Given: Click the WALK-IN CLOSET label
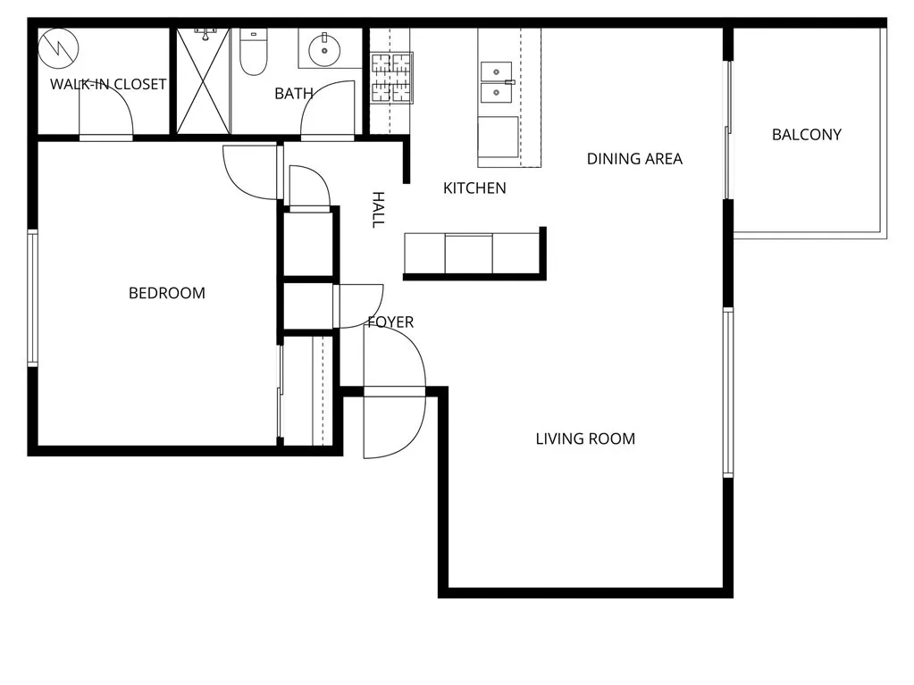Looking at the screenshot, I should point(107,85).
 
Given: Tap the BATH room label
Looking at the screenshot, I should point(293,93).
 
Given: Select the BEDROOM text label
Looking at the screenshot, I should point(167,293).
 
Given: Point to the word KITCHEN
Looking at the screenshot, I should point(474,188).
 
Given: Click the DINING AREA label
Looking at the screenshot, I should point(634,159).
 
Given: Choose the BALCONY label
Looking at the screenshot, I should point(807,135).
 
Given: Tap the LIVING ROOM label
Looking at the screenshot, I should point(585,439).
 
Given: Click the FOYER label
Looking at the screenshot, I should point(390,322).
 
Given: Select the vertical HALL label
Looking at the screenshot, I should point(378,209).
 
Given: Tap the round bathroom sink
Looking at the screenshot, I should point(321,51).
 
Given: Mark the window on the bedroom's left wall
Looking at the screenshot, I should point(32,297).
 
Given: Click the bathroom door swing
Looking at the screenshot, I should point(329,112).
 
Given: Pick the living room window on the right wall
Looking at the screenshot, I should point(728,393).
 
